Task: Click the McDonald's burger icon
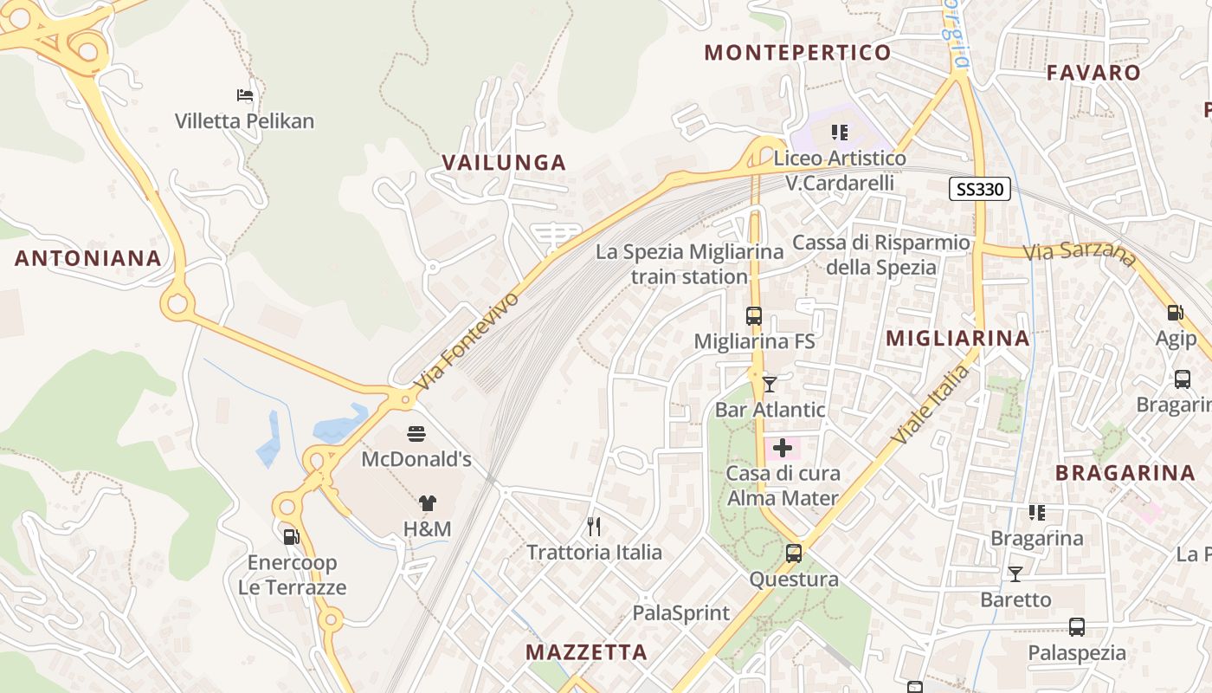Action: tap(416, 432)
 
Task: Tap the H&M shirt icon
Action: tap(428, 502)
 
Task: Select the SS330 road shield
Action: tap(980, 189)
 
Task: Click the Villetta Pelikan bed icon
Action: tap(245, 94)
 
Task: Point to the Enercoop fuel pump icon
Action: tap(292, 536)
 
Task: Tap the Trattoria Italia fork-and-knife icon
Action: tap(594, 526)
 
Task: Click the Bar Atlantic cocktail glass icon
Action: tap(770, 384)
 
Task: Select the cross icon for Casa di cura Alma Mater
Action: tap(783, 448)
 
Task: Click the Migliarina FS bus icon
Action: tap(754, 316)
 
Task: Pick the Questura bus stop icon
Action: tap(794, 553)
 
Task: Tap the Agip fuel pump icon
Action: tap(1176, 313)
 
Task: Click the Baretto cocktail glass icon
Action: tap(1015, 573)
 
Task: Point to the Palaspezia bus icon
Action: tap(1077, 626)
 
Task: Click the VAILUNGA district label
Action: tap(504, 162)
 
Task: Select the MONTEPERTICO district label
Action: tap(797, 53)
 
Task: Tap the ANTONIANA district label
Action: tap(88, 258)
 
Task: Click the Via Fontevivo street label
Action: tap(467, 340)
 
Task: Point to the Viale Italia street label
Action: tap(931, 405)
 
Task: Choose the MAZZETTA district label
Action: tap(586, 652)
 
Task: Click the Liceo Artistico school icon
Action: tap(839, 133)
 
